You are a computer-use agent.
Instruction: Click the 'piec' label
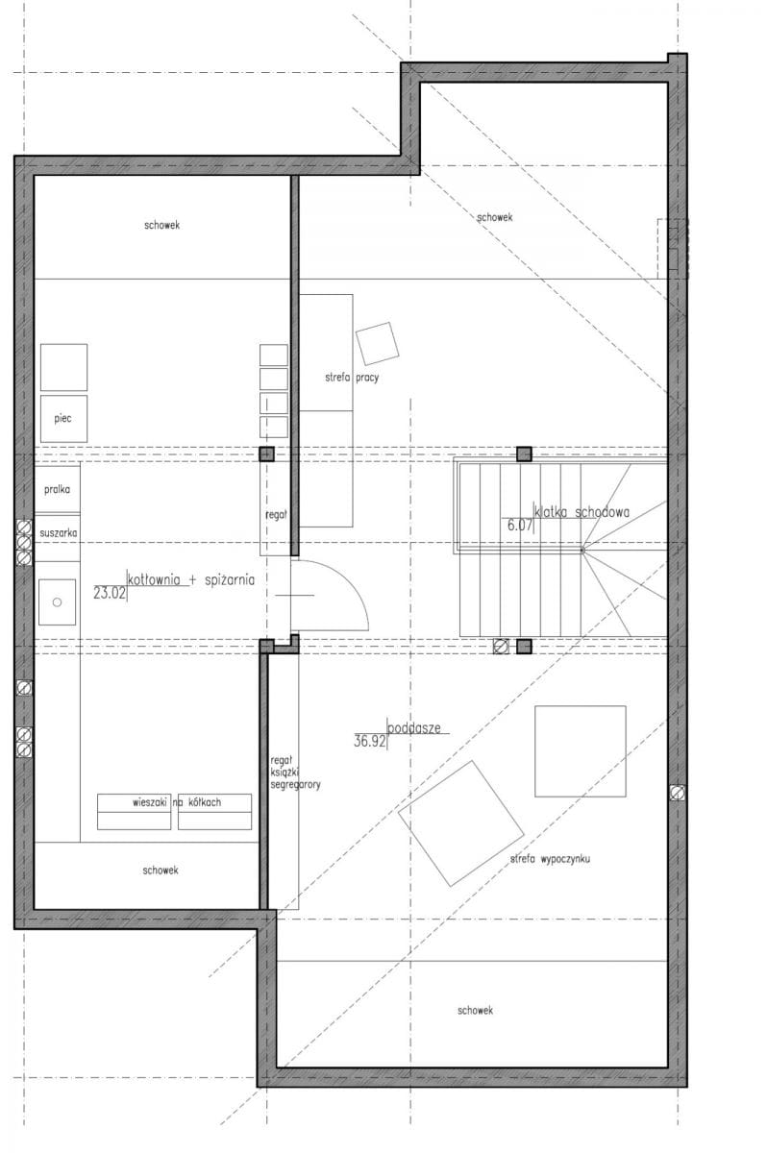62,418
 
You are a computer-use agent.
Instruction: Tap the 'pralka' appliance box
57,489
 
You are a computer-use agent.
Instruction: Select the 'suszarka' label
59,532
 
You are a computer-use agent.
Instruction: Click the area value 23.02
110,593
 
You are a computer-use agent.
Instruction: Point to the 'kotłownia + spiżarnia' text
191,580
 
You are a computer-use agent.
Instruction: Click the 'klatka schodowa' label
581,512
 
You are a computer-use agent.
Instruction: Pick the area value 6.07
520,526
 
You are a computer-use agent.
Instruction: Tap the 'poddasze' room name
414,728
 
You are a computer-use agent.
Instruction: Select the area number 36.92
370,741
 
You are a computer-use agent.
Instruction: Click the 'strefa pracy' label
352,378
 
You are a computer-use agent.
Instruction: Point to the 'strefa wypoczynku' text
550,859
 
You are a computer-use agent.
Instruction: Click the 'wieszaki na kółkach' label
177,802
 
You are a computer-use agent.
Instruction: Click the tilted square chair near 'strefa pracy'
378,344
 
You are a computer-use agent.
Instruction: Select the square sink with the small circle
57,602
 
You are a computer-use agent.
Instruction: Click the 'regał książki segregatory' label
295,773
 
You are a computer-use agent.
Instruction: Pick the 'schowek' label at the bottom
475,1011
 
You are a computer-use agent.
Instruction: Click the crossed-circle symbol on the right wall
678,794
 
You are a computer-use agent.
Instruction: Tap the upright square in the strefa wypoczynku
581,751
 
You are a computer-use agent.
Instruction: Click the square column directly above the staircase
524,454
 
